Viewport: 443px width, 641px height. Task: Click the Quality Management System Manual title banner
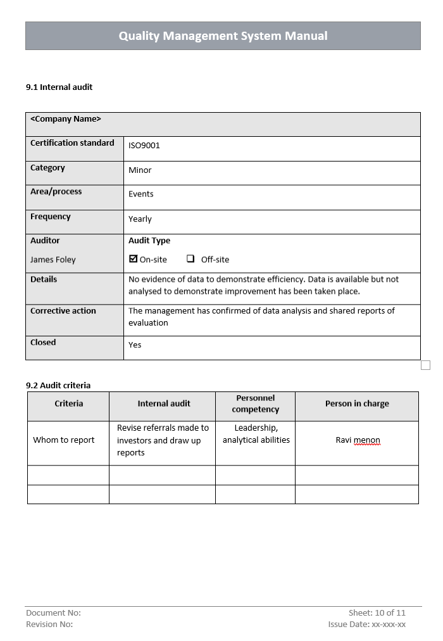pyautogui.click(x=223, y=36)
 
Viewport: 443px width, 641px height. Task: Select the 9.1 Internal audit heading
pyautogui.click(x=59, y=87)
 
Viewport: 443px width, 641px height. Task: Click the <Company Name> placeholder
pyautogui.click(x=66, y=119)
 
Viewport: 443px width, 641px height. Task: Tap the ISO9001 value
pyautogui.click(x=144, y=146)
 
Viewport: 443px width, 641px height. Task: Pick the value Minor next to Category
pyautogui.click(x=140, y=170)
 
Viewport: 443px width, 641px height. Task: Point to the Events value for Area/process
pyautogui.click(x=141, y=194)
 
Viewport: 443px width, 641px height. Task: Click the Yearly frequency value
pyautogui.click(x=140, y=219)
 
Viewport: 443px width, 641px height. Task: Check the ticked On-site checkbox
pyautogui.click(x=133, y=259)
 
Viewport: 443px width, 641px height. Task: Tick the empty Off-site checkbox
pyautogui.click(x=190, y=259)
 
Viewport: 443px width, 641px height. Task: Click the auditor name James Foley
pyautogui.click(x=53, y=260)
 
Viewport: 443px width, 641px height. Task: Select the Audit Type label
pyautogui.click(x=149, y=241)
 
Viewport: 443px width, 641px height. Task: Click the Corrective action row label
pyautogui.click(x=63, y=311)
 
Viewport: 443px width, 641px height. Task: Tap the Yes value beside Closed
pyautogui.click(x=135, y=345)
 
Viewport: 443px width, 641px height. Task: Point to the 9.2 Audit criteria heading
pyautogui.click(x=58, y=385)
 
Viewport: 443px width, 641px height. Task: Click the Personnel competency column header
pyautogui.click(x=256, y=403)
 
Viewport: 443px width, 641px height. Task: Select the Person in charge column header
pyautogui.click(x=357, y=404)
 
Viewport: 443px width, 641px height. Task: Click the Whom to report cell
pyautogui.click(x=64, y=440)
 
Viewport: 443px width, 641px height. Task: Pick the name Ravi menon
pyautogui.click(x=358, y=440)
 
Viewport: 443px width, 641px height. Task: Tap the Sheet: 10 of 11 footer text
pyautogui.click(x=377, y=612)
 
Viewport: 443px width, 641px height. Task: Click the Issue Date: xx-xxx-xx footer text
pyautogui.click(x=366, y=625)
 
